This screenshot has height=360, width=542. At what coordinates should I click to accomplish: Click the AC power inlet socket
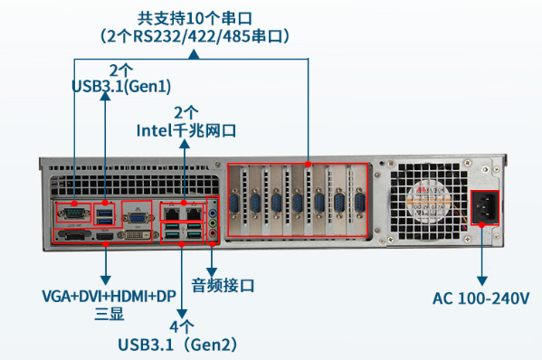[x=483, y=209]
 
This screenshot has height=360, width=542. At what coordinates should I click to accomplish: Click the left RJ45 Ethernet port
[x=171, y=213]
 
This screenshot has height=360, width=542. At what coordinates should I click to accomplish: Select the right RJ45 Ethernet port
[x=193, y=213]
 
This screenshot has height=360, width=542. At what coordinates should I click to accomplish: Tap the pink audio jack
[x=213, y=232]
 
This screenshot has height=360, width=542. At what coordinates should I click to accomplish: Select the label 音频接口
[x=223, y=286]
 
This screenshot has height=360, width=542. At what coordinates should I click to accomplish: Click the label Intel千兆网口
[x=185, y=130]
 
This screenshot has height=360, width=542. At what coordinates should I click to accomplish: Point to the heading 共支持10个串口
[x=195, y=18]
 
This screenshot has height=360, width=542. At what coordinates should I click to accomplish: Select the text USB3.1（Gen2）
[x=182, y=344]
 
